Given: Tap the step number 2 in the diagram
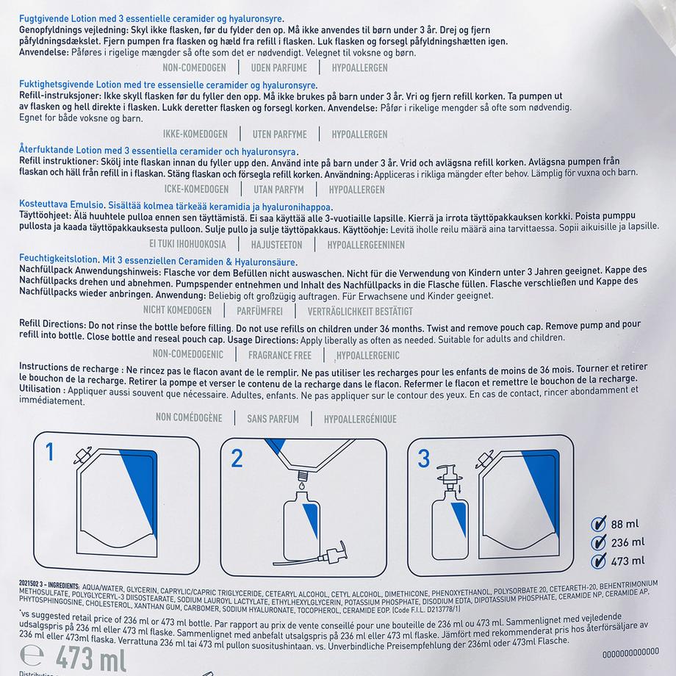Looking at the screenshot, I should pyautogui.click(x=237, y=459).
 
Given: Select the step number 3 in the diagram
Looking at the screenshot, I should pyautogui.click(x=423, y=459).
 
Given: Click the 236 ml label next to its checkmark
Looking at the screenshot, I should pyautogui.click(x=628, y=543).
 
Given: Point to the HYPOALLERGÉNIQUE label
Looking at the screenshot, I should pyautogui.click(x=355, y=419).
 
